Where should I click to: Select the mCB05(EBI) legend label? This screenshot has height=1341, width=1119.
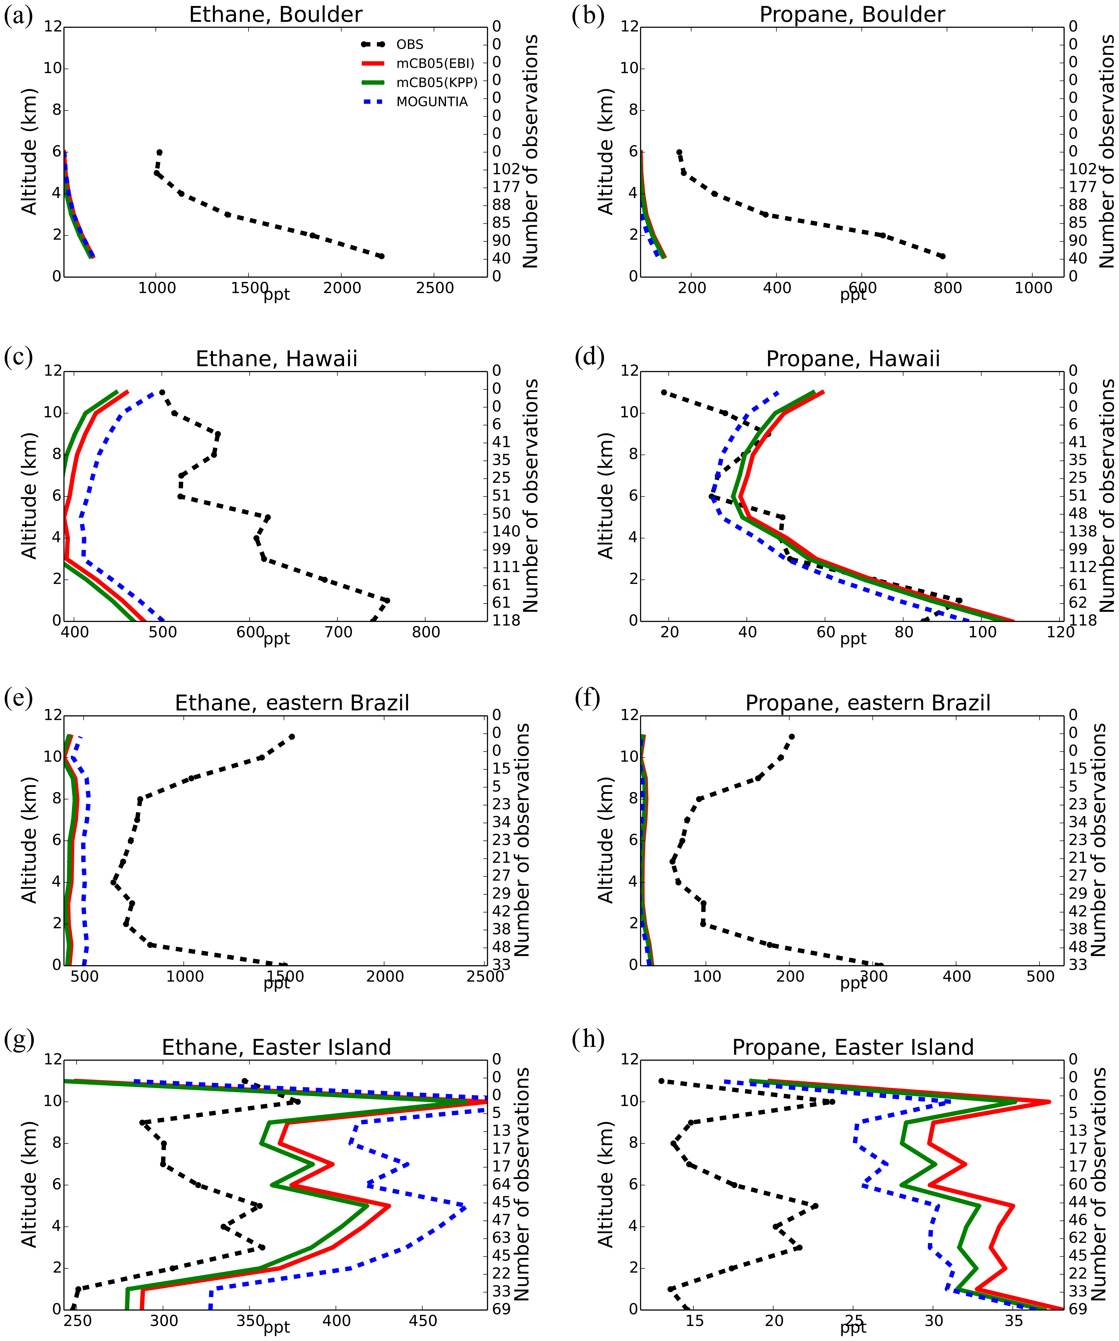point(435,63)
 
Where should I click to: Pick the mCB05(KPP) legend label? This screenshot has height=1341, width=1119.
point(437,82)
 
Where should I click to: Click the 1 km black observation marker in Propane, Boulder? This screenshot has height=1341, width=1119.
point(942,256)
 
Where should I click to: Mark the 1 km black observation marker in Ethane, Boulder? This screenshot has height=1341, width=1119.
point(381,256)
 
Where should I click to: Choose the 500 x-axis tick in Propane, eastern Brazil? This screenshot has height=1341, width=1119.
point(1040,976)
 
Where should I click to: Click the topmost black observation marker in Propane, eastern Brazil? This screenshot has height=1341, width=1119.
point(792,736)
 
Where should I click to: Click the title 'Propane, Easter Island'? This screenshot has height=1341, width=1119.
point(853,1047)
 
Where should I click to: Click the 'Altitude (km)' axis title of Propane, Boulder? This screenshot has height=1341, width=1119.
point(605,151)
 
